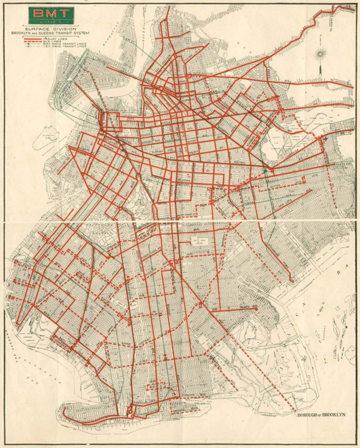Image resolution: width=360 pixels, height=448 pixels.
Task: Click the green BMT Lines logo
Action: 51,16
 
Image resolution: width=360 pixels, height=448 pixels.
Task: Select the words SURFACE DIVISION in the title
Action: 51,28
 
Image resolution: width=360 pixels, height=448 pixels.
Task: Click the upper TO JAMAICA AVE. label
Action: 341,82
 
